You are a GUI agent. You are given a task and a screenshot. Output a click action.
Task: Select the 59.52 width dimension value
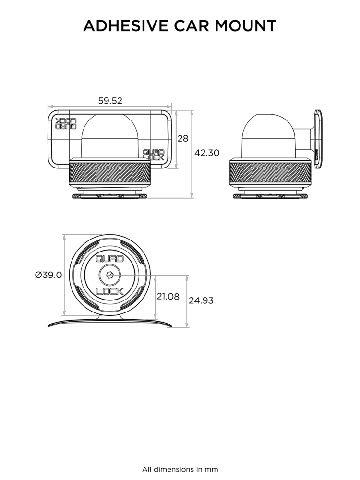click(110, 101)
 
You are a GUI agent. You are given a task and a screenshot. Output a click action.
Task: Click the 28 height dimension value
click(183, 139)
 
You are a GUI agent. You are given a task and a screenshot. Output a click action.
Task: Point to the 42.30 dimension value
click(207, 153)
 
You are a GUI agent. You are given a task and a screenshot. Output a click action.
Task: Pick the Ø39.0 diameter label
click(48, 275)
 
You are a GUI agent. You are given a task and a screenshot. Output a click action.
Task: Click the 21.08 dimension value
click(168, 297)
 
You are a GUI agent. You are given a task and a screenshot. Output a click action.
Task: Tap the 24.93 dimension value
click(201, 301)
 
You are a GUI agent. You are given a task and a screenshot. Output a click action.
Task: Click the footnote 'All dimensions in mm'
click(180, 469)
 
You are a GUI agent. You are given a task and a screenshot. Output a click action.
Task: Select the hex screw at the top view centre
click(110, 275)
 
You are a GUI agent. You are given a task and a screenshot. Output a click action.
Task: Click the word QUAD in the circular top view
click(110, 259)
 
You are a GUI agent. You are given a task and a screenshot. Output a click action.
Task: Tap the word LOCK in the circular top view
click(110, 291)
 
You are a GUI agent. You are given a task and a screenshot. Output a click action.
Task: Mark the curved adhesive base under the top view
click(110, 322)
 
